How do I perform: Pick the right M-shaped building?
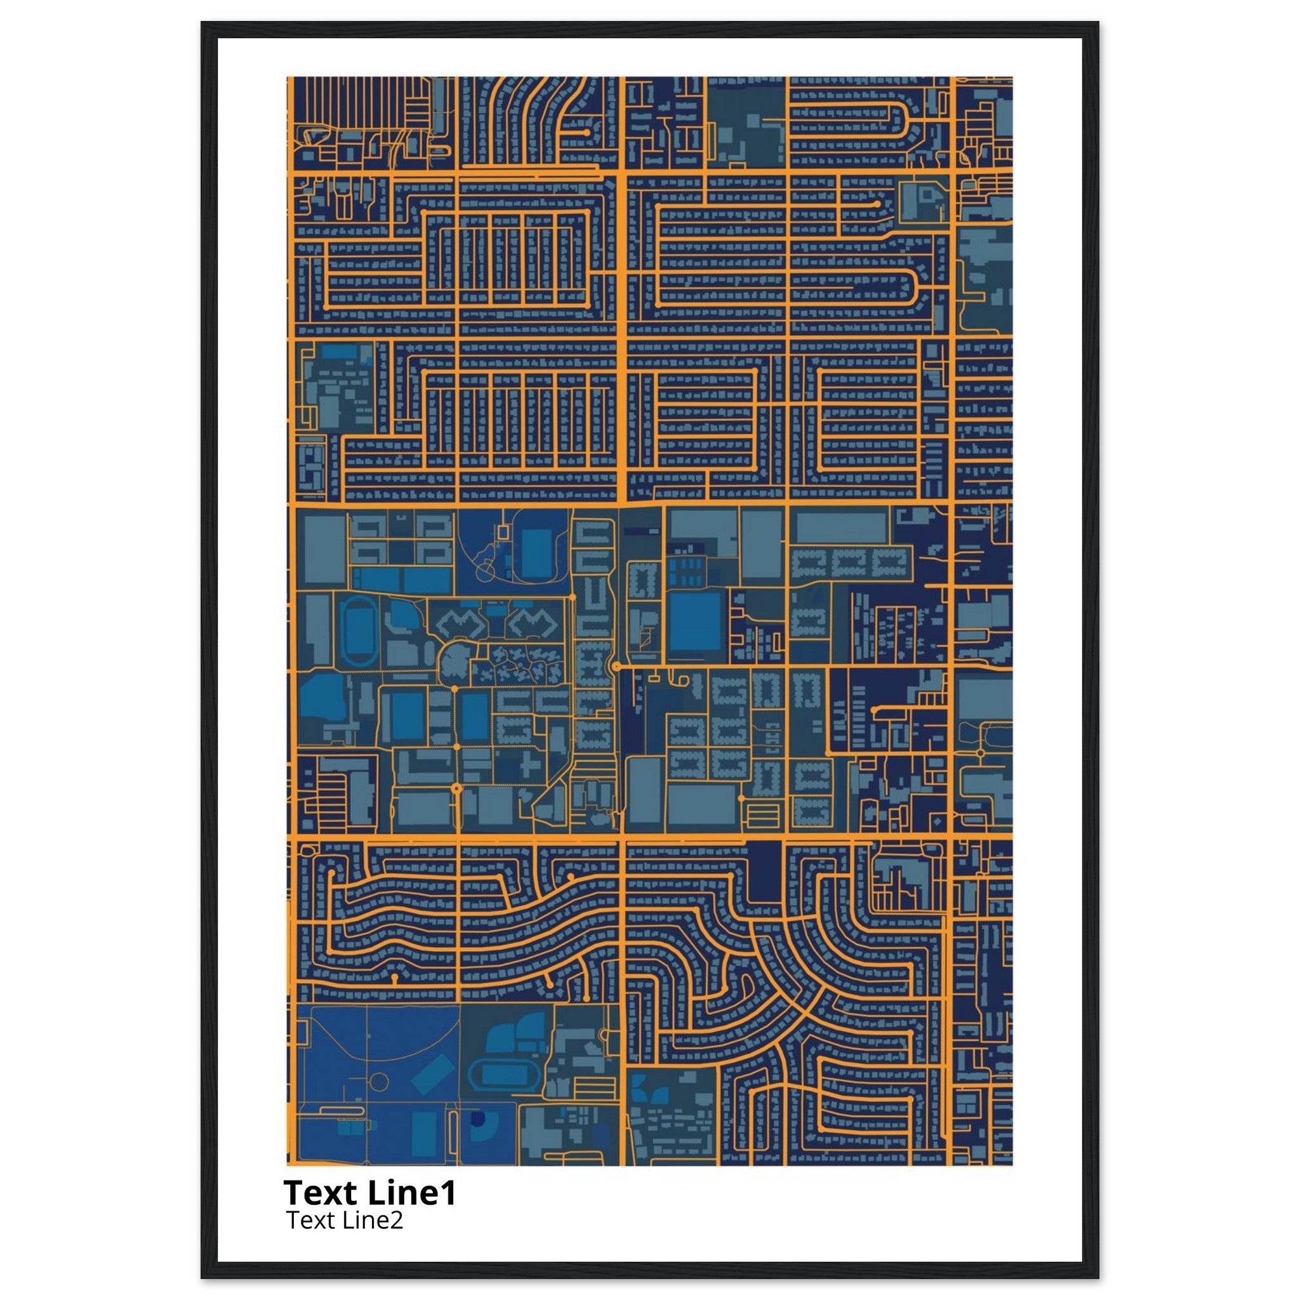531,625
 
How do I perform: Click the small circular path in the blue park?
380,1082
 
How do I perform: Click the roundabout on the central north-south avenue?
616,666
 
